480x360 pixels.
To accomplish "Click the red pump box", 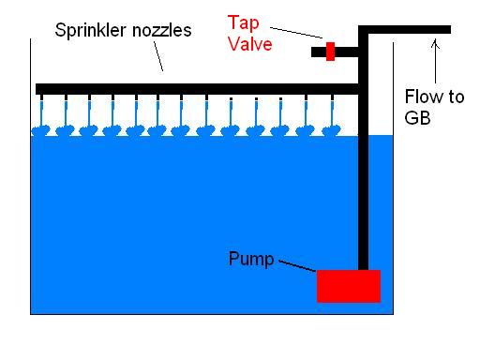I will click(x=348, y=286).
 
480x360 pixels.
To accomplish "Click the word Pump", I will click(x=251, y=258).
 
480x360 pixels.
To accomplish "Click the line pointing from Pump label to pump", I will click(x=297, y=268).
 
